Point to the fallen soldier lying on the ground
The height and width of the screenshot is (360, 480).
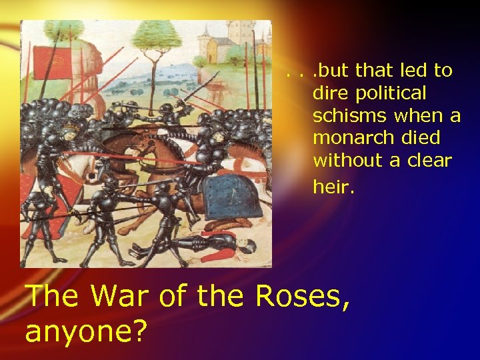point(200,248)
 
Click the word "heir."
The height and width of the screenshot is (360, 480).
point(334,187)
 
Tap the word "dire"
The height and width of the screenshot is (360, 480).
point(328,93)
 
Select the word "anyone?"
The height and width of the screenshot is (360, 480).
point(87,329)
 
